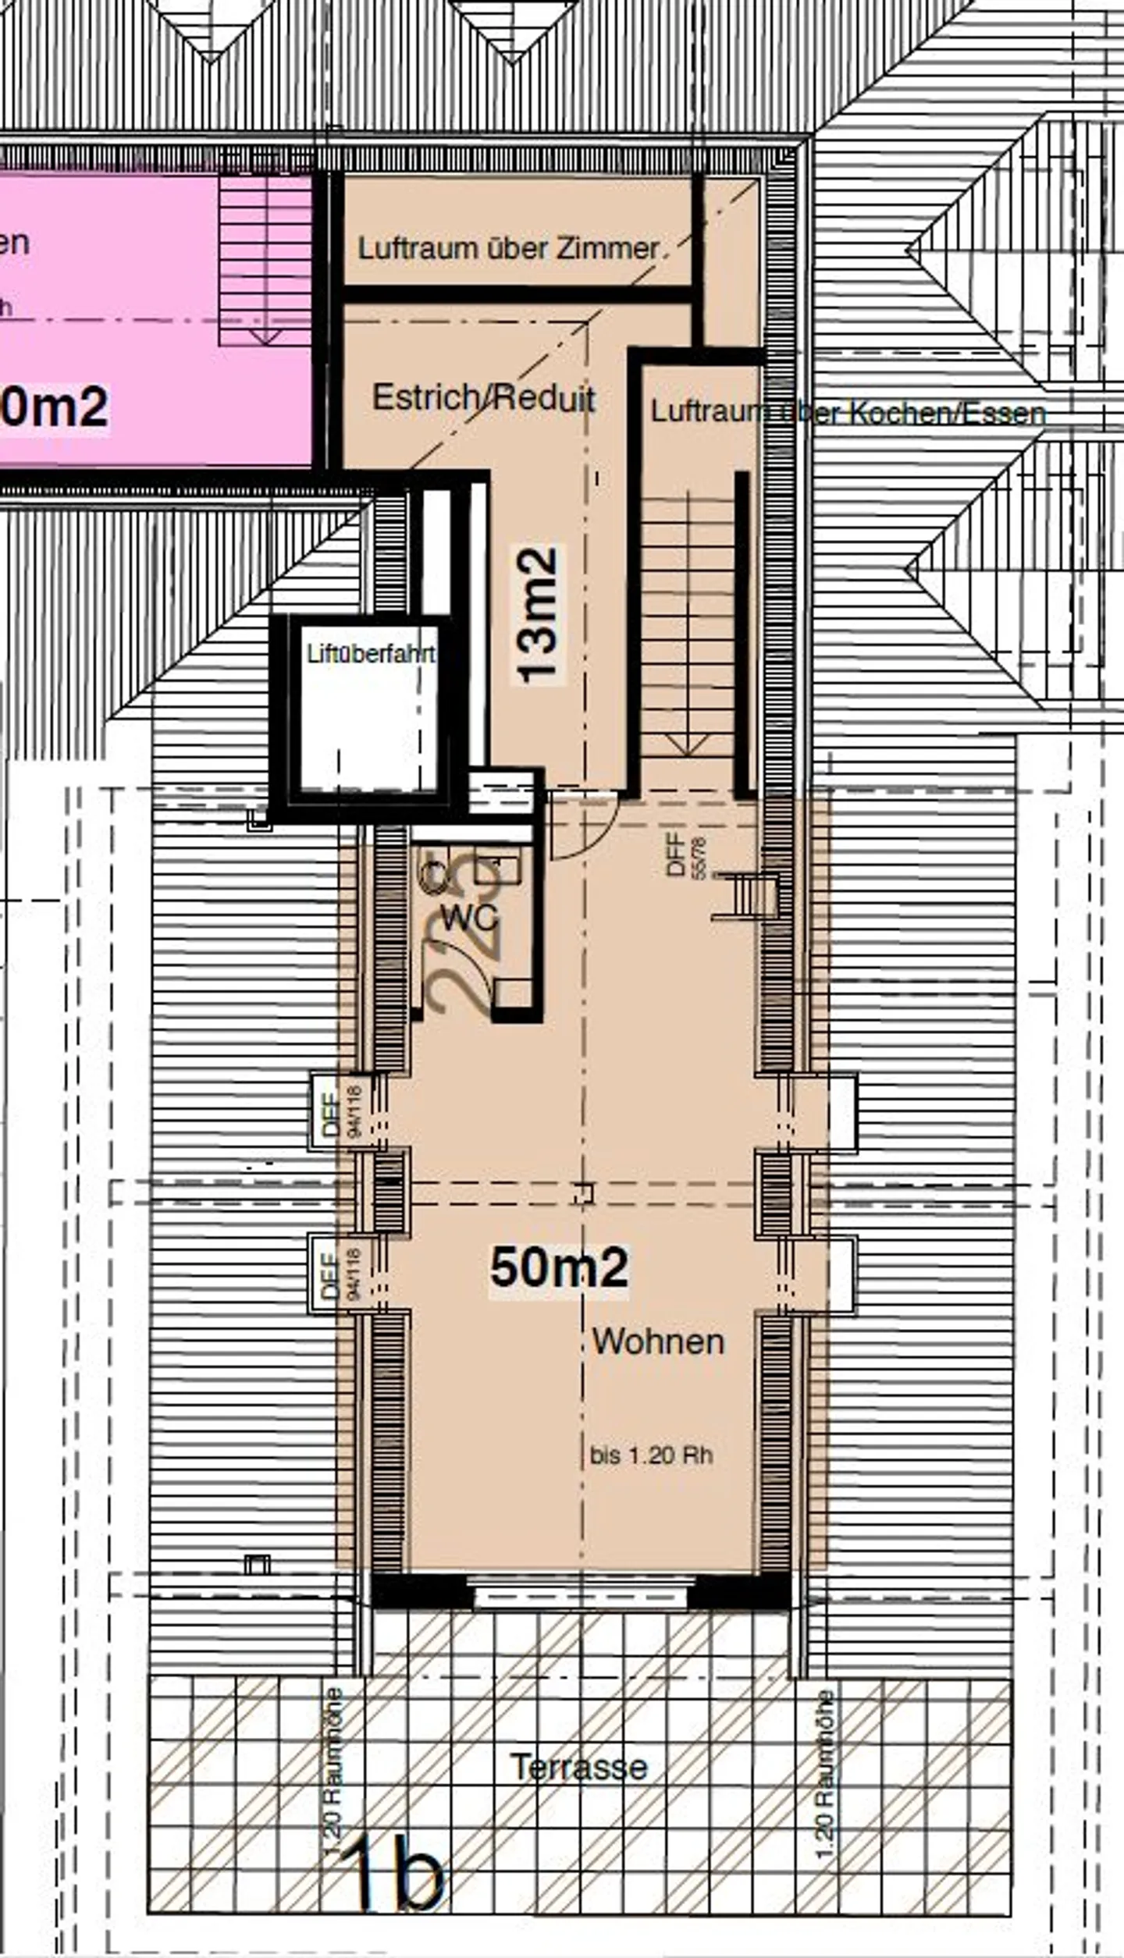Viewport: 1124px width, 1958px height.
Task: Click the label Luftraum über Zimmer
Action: point(509,249)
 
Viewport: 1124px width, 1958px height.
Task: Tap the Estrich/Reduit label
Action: point(483,398)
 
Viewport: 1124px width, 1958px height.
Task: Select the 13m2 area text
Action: point(538,615)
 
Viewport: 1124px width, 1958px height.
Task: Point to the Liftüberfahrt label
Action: point(370,653)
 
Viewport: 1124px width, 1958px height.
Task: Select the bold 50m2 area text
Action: point(559,1267)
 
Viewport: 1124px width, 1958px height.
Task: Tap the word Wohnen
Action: point(658,1341)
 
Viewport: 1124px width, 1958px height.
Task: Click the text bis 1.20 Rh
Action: point(651,1455)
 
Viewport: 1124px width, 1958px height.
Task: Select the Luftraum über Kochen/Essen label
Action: point(848,413)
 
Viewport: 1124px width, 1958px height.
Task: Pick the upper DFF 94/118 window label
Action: point(342,1111)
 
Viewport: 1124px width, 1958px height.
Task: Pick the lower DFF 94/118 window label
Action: point(342,1274)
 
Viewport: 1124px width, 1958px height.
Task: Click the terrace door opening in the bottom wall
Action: point(581,1592)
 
